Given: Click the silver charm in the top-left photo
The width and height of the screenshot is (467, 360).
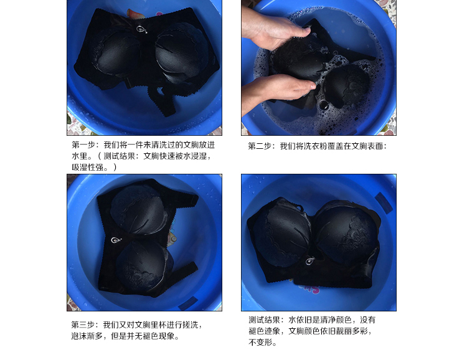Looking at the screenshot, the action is (141, 29).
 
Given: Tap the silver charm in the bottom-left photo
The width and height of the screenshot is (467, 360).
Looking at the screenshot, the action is (116, 240).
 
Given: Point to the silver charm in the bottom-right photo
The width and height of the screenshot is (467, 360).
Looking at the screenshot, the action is (310, 261).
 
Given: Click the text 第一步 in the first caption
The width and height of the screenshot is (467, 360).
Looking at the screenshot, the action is (83, 145).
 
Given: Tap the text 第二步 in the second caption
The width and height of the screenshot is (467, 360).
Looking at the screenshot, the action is (260, 146).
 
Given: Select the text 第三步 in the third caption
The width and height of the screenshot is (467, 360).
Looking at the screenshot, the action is (82, 324).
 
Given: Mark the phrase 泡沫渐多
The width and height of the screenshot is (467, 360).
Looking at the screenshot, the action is (87, 336).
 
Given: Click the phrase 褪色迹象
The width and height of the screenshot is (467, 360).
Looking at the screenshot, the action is (264, 331).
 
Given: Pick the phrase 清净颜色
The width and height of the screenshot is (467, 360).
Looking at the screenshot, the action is (336, 320).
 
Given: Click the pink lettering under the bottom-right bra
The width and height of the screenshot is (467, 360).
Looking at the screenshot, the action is (309, 288).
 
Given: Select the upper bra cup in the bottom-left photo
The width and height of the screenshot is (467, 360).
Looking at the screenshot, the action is (137, 209).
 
